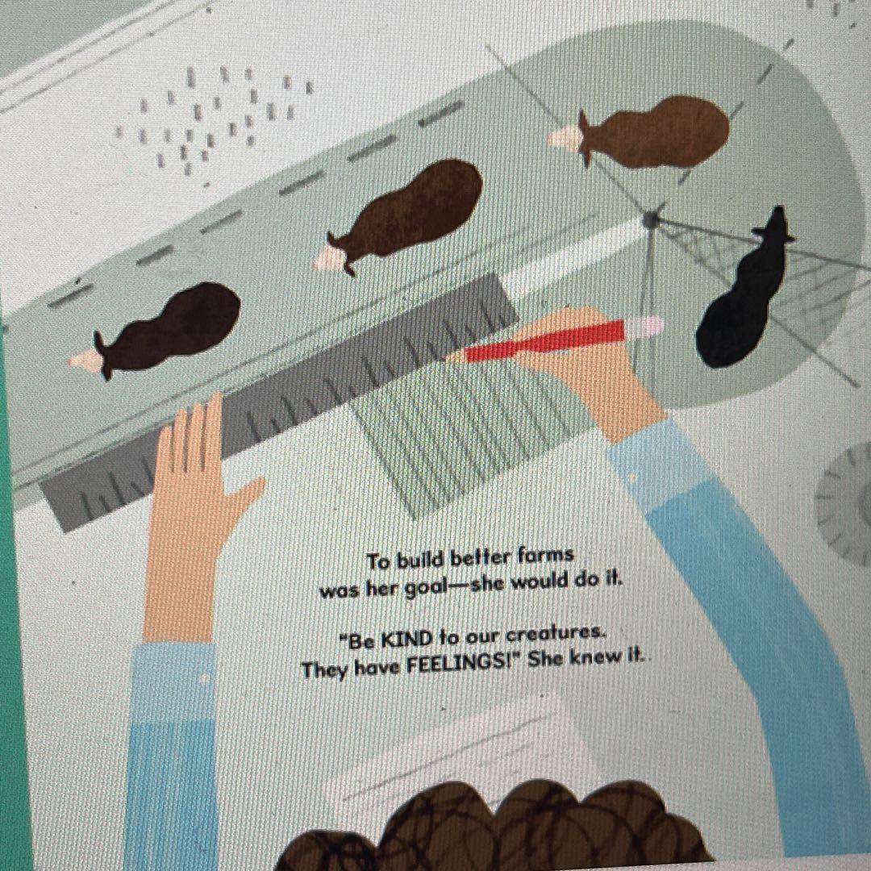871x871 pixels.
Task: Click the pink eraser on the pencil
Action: [644, 327]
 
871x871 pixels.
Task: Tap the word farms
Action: [544, 556]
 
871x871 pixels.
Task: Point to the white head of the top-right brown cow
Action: [565, 136]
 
